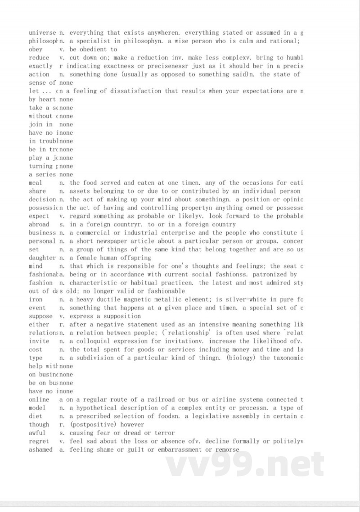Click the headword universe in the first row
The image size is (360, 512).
point(42,33)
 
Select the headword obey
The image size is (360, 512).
point(36,50)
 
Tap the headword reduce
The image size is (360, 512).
point(39,58)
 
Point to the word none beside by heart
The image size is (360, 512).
point(66,100)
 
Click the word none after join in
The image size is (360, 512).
point(66,124)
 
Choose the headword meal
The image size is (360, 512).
point(36,183)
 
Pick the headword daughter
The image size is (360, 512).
point(42,258)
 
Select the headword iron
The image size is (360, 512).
point(36,299)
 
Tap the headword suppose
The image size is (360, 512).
point(40,316)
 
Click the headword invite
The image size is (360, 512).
point(39,341)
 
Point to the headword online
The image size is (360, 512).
point(39,399)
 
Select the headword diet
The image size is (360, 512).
point(36,416)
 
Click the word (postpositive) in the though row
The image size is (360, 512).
point(90,425)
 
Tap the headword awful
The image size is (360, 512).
point(37,433)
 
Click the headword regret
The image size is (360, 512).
point(39,441)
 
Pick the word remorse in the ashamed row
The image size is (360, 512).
point(227,449)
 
